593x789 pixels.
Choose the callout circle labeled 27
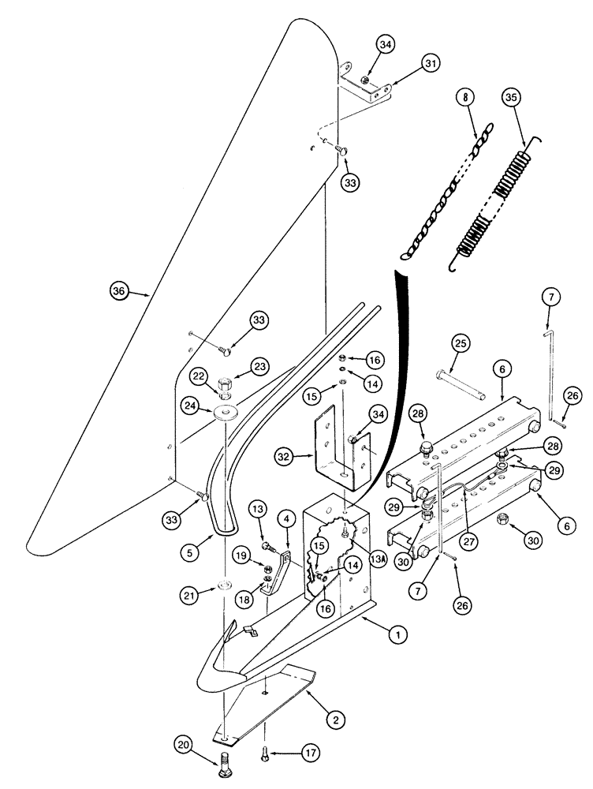point(472,520)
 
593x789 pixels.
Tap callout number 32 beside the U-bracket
point(285,455)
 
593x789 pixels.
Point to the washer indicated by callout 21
point(224,585)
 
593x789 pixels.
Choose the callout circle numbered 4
point(285,519)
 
